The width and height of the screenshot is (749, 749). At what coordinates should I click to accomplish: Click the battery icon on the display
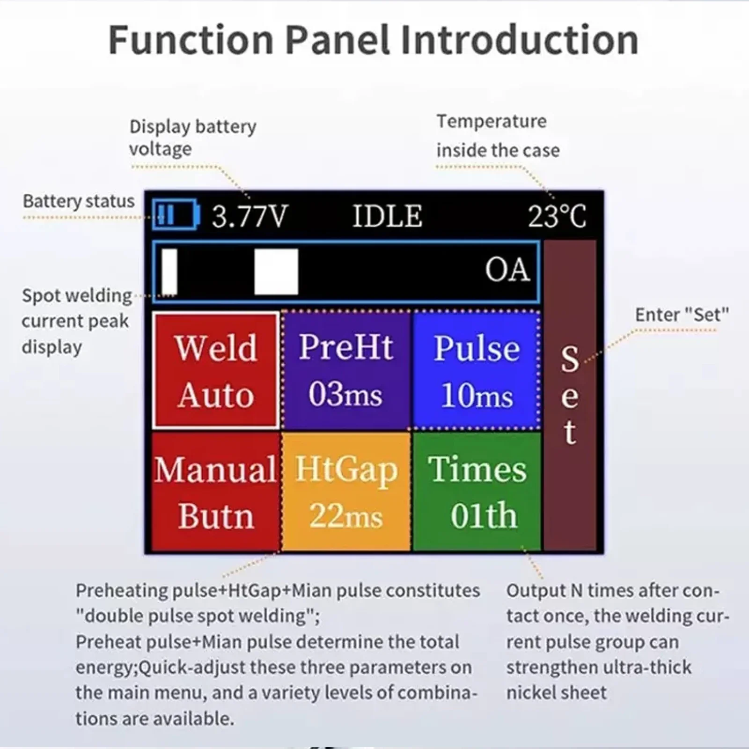point(176,215)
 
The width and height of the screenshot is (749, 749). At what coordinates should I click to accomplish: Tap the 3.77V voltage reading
point(249,216)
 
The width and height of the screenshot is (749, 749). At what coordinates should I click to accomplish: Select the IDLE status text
point(387,216)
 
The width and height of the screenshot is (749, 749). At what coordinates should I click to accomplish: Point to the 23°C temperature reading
point(557,216)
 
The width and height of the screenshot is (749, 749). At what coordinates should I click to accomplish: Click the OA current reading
point(507,270)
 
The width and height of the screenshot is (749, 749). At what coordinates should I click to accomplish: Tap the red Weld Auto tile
point(216,370)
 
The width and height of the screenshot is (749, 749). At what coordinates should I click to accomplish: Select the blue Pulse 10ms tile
point(476,370)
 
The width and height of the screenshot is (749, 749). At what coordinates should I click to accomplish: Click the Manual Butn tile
point(216,492)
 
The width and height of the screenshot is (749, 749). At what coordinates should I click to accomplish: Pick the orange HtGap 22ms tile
point(346,492)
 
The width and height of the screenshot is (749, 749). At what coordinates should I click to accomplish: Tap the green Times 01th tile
point(477,492)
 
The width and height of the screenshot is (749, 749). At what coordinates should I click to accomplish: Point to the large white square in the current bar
point(276,272)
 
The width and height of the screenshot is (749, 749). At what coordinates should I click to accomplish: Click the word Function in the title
point(191,40)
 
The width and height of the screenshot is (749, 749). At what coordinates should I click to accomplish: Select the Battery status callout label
point(79,201)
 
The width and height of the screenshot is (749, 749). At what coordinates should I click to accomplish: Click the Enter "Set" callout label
point(682,315)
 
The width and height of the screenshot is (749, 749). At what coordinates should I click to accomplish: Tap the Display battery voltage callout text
point(192,138)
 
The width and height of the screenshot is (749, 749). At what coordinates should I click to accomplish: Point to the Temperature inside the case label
point(498,136)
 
